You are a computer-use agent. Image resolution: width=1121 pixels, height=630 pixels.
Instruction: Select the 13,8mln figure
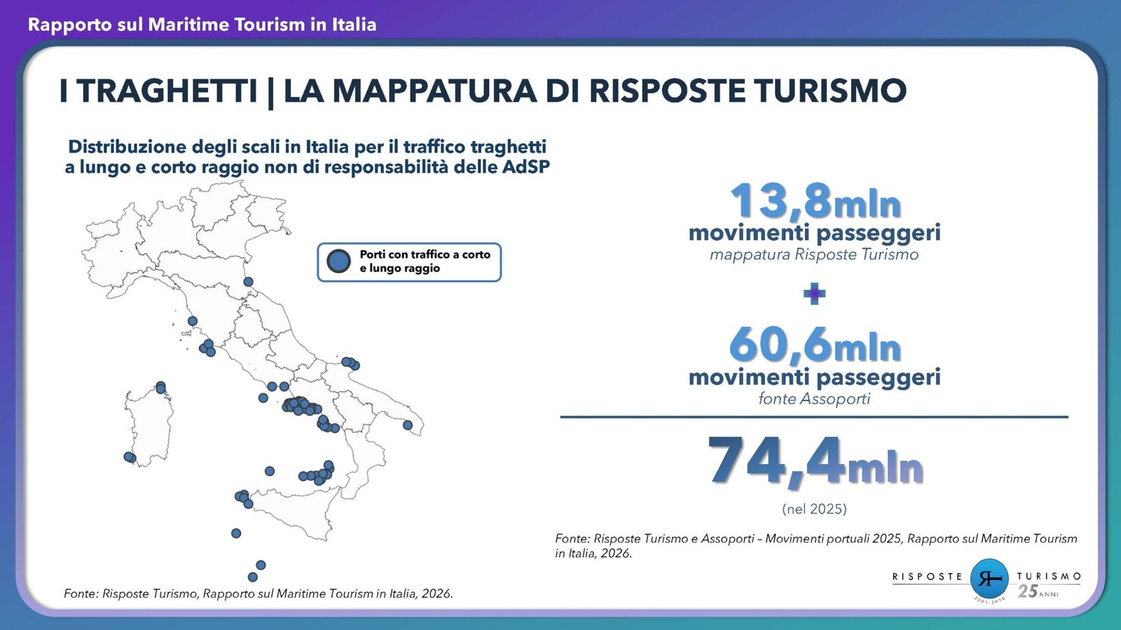pyautogui.click(x=816, y=201)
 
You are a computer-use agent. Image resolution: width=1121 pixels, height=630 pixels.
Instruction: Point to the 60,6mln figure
pyautogui.click(x=816, y=344)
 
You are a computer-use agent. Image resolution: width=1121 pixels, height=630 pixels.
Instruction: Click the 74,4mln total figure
pyautogui.click(x=816, y=461)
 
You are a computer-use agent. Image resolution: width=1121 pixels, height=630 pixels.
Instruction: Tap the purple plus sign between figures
pyautogui.click(x=814, y=293)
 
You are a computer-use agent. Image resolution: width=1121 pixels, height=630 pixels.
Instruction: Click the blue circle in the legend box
pyautogui.click(x=339, y=261)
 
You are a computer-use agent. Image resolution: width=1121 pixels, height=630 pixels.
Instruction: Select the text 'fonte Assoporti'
pyautogui.click(x=814, y=398)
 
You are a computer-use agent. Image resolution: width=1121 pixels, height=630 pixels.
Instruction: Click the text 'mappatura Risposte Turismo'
pyautogui.click(x=814, y=255)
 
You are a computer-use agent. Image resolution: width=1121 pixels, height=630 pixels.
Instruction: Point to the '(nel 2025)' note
pyautogui.click(x=814, y=509)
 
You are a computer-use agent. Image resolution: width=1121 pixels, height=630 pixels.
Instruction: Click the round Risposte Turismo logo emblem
pyautogui.click(x=989, y=578)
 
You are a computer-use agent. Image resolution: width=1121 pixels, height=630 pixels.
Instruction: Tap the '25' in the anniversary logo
pyautogui.click(x=1027, y=591)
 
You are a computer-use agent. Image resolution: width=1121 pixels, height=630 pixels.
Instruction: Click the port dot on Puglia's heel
pyautogui.click(x=407, y=425)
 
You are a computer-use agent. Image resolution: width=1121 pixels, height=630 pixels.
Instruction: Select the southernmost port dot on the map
pyautogui.click(x=253, y=577)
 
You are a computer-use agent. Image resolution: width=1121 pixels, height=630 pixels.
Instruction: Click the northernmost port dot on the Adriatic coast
pyautogui.click(x=248, y=282)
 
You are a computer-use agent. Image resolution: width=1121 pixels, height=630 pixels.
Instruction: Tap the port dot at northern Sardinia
pyautogui.click(x=160, y=387)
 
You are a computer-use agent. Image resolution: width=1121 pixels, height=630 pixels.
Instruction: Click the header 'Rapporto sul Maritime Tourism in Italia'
pyautogui.click(x=202, y=24)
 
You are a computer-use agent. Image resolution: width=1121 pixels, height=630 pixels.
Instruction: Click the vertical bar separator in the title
pyautogui.click(x=270, y=92)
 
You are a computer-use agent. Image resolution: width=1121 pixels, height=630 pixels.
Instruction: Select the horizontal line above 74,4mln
pyautogui.click(x=814, y=416)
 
